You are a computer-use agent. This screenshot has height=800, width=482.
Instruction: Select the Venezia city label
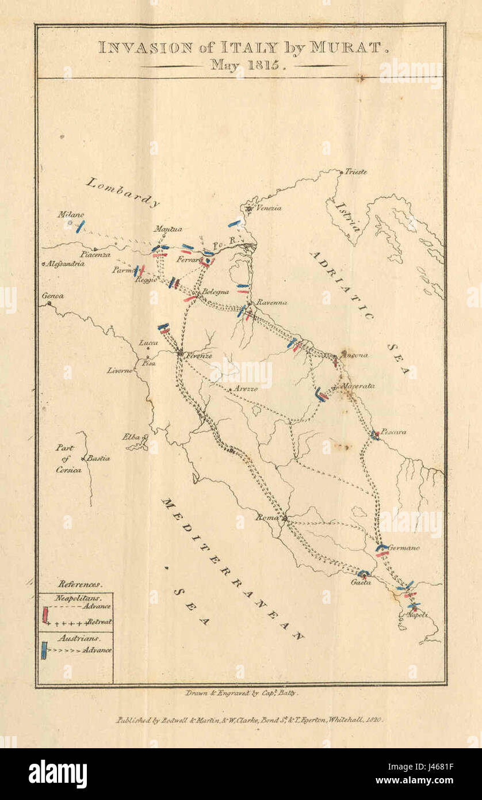point(269,208)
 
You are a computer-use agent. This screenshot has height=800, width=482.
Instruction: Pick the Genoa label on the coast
point(52,296)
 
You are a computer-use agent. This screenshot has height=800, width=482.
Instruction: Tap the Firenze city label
point(198,356)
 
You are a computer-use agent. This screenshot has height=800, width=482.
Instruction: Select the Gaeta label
point(361,582)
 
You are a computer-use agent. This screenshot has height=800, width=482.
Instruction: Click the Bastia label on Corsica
point(99,459)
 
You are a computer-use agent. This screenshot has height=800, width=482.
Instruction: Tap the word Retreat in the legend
point(99,622)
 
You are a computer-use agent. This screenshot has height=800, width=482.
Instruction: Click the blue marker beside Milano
point(81,226)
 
